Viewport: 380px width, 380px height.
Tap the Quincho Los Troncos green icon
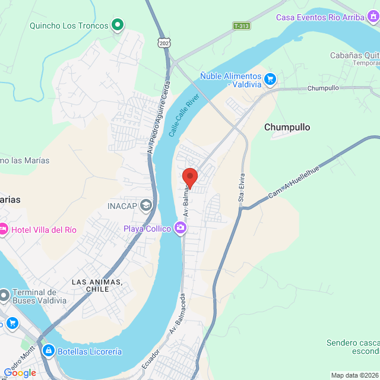pos(118,25)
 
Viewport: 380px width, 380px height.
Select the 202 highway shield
pos(164,43)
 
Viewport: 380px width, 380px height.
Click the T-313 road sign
pos(241,26)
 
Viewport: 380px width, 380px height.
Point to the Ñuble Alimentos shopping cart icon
pos(270,78)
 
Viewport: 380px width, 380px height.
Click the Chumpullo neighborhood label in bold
pos(287,127)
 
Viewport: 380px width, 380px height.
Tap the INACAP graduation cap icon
pos(146,206)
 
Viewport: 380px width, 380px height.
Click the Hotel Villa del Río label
pos(47,229)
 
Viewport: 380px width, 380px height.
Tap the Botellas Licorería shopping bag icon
pos(49,351)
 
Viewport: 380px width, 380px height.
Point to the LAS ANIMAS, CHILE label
pos(97,285)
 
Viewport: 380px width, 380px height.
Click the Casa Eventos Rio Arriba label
pos(319,17)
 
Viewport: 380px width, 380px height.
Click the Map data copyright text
pos(354,375)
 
